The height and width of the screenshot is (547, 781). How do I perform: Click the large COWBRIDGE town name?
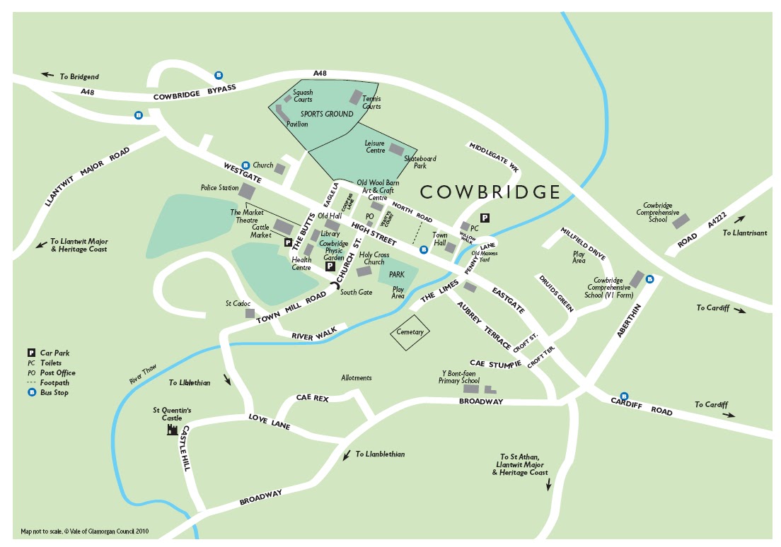490,192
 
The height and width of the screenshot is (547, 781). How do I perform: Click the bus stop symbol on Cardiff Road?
623,396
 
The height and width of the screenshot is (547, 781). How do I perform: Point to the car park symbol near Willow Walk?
485,218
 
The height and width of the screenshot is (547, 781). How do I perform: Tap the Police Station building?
247,191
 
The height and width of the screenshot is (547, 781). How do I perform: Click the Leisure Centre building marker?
395,150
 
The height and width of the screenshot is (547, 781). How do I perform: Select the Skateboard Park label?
420,163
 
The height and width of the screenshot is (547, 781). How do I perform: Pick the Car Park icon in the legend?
31,353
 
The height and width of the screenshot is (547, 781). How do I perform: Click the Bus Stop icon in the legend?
31,392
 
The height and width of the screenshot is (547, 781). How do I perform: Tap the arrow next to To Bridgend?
47,74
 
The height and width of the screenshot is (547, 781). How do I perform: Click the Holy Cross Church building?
364,271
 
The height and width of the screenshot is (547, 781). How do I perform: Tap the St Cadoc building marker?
250,312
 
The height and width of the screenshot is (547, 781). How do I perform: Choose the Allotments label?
356,378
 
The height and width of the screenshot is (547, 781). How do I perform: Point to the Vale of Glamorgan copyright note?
85,531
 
